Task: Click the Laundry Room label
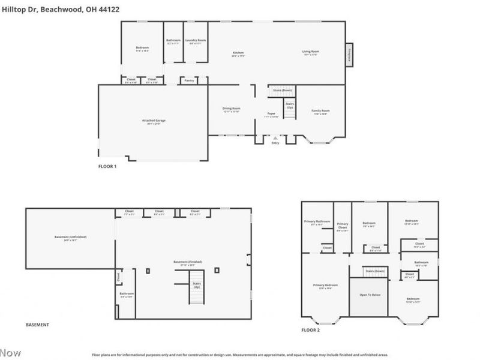(x=195, y=40)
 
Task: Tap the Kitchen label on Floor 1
(x=238, y=53)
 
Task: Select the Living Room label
(x=310, y=52)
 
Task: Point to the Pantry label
(x=189, y=79)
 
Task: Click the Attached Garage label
(x=154, y=121)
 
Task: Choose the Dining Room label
(x=231, y=109)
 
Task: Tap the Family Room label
(x=320, y=110)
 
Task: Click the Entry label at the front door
(x=275, y=143)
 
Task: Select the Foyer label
(x=271, y=113)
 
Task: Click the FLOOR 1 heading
(x=107, y=166)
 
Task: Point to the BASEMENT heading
(x=37, y=325)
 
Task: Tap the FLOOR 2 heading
(x=310, y=330)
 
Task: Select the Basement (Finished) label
(x=188, y=262)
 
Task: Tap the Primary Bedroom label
(x=325, y=285)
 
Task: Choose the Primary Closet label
(x=342, y=226)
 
